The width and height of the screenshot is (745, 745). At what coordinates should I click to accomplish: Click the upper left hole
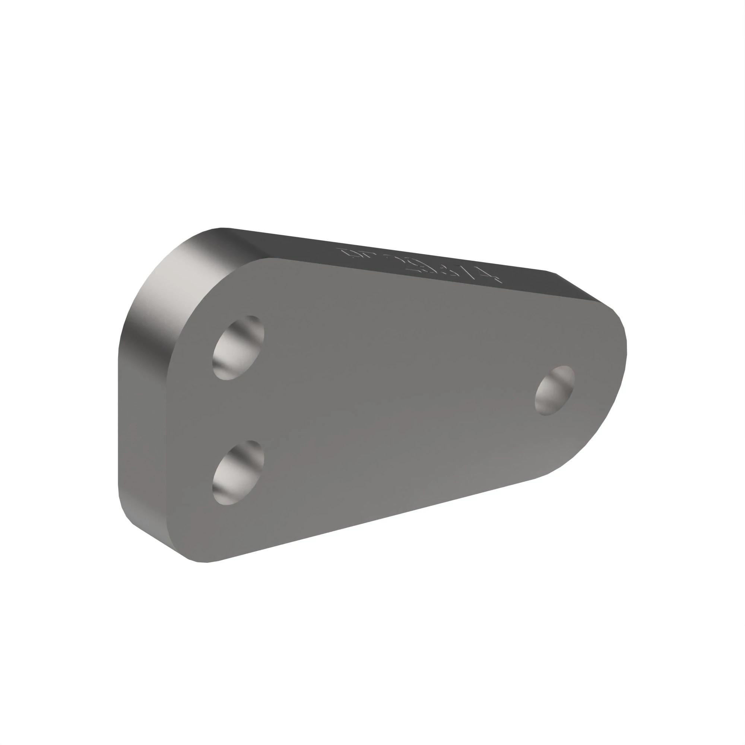point(238,348)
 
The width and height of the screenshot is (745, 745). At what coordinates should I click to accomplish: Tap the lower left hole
point(238,473)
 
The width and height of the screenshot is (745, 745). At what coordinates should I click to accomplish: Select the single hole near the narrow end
point(555,391)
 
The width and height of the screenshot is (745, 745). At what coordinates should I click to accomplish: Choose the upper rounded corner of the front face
point(216,285)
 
